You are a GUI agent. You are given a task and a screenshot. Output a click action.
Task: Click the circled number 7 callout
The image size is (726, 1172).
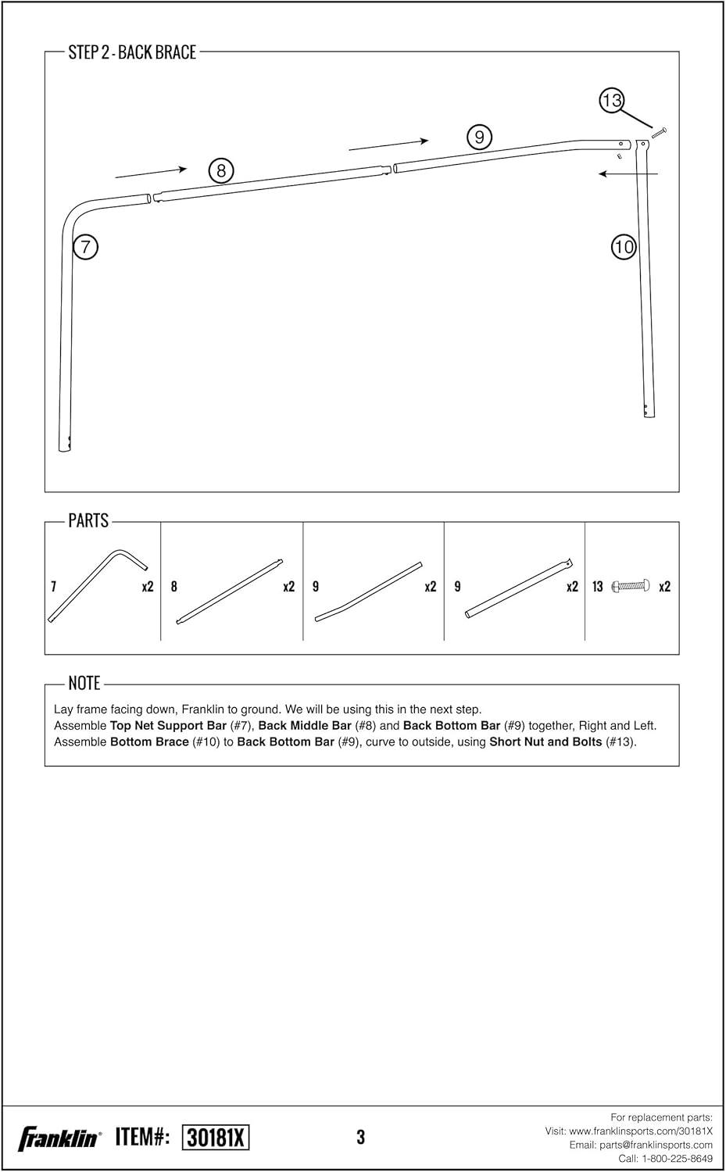click(x=85, y=247)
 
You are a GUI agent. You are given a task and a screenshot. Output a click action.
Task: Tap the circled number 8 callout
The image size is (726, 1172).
click(x=221, y=170)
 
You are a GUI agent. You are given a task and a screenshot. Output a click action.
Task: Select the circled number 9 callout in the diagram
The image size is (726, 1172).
click(x=479, y=138)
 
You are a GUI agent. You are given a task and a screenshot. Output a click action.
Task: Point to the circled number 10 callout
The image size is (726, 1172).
click(x=624, y=248)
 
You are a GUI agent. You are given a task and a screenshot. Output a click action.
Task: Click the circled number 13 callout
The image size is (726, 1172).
click(x=612, y=100)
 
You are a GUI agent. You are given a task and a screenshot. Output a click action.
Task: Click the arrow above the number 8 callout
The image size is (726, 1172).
click(x=151, y=170)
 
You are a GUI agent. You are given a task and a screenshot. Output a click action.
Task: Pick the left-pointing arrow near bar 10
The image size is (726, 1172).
click(x=628, y=173)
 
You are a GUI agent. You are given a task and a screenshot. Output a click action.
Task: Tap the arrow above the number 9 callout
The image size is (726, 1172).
click(x=388, y=144)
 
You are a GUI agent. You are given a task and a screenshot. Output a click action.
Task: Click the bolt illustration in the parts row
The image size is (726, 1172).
click(x=631, y=586)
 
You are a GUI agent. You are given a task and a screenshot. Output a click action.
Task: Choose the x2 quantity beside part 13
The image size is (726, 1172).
click(x=665, y=587)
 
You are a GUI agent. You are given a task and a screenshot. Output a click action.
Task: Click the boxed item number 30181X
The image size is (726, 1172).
click(x=215, y=1138)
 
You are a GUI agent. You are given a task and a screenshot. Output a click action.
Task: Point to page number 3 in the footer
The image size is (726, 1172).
click(x=360, y=1138)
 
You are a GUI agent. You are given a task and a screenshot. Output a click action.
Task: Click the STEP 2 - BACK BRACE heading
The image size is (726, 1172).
click(x=132, y=52)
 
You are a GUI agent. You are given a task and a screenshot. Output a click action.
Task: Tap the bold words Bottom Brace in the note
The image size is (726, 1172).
click(x=149, y=741)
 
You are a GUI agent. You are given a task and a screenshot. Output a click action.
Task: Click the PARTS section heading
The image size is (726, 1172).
click(x=88, y=520)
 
